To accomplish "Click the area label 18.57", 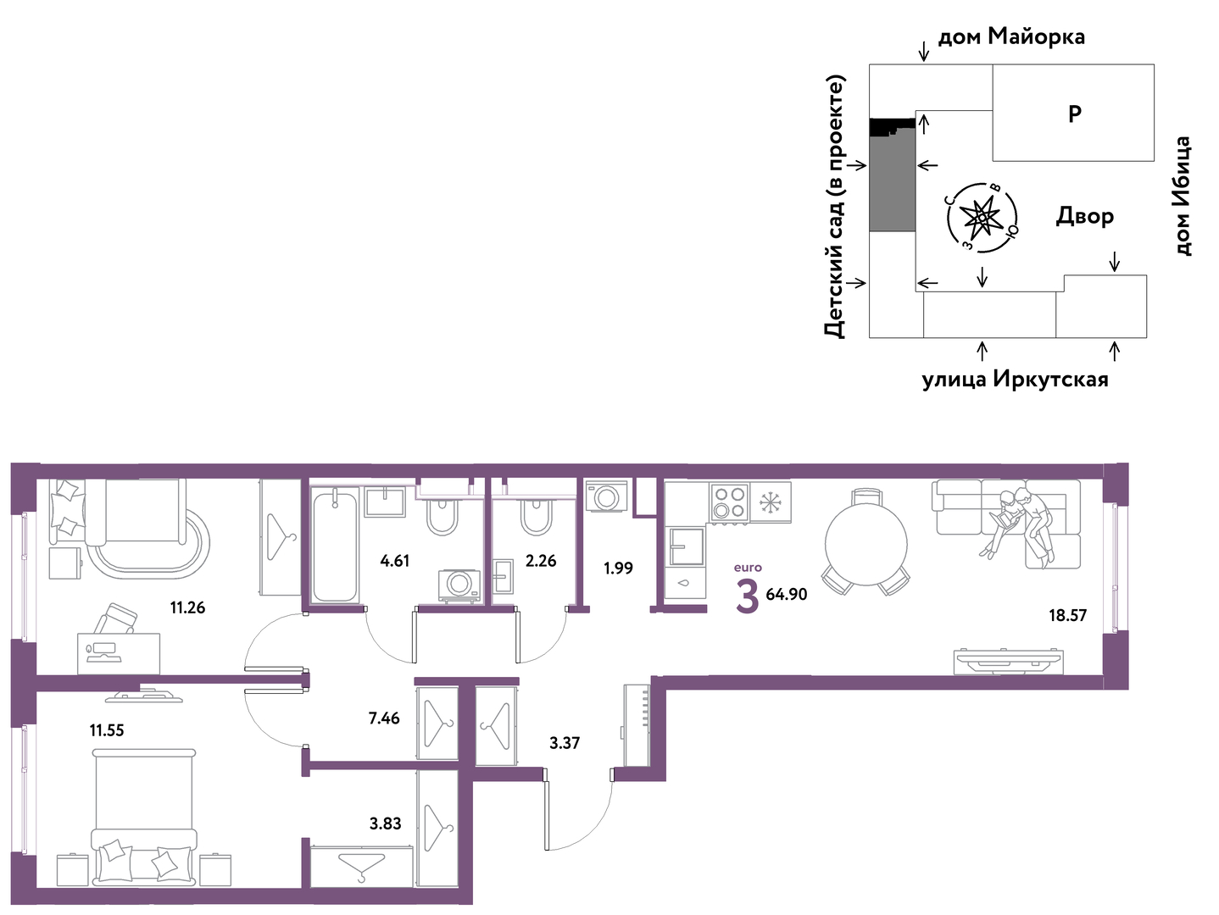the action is point(1067,615).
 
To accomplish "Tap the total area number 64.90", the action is point(787,594).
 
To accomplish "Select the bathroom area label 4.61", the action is point(395,561).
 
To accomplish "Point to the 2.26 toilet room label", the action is point(540,561).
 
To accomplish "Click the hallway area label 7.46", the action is point(384,718).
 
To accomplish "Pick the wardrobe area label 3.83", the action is point(386,823).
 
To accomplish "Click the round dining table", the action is point(866,544).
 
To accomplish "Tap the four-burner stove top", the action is point(730,502).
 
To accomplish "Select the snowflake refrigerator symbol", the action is point(771,502).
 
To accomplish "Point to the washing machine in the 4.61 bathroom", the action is point(459,585).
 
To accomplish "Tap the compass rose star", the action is point(982,219).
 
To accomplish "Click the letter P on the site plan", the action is point(1075,114).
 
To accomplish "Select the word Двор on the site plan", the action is point(1084,216).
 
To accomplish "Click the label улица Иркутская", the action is point(1016,380).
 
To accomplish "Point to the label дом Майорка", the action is point(1011,36).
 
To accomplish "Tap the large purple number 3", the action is point(747,596).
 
